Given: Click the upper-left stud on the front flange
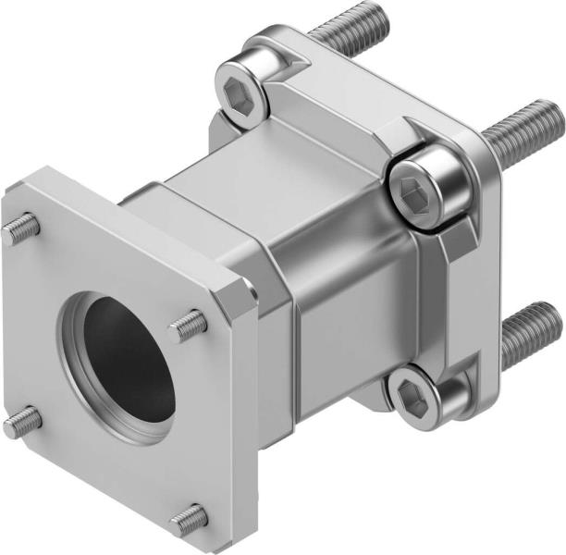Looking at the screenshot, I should click(21, 228).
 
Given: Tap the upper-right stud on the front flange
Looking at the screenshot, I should click(189, 323).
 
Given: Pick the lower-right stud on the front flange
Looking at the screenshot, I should click(189, 520).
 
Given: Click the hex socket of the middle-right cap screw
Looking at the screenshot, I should click(410, 191).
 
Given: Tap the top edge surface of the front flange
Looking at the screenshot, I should click(129, 222).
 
